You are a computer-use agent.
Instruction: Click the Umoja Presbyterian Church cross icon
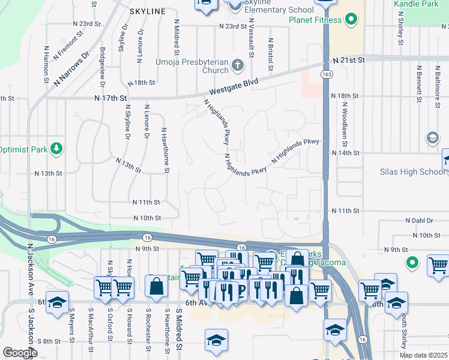[238, 65]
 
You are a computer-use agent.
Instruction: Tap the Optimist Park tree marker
[56, 148]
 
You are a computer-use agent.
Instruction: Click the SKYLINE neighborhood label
[147, 11]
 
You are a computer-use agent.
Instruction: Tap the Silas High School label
[413, 172]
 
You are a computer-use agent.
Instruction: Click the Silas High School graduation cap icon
[432, 139]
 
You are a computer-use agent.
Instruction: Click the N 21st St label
[349, 61]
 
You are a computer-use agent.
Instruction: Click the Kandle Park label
[416, 4]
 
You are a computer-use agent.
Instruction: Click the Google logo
[19, 353]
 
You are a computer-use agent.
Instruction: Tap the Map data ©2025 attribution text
[423, 355]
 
